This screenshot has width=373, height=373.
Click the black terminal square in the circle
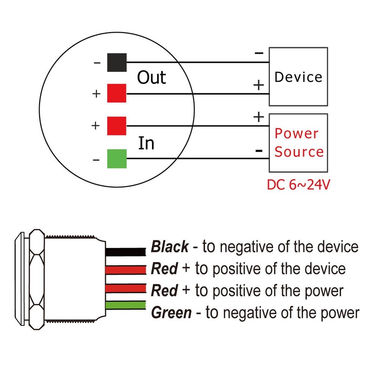tap(117, 62)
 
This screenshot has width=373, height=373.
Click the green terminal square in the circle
tap(117, 159)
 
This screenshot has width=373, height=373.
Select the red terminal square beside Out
tap(117, 93)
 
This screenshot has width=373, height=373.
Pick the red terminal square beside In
tap(117, 125)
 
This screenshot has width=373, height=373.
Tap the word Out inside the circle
tap(151, 77)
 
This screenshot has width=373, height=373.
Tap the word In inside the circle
tap(146, 143)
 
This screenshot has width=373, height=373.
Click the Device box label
tap(298, 77)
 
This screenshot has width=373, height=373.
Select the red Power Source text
tap(298, 143)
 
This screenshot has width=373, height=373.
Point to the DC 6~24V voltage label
tap(298, 185)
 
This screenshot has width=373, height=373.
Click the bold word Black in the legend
tap(170, 247)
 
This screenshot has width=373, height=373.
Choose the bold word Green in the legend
tap(171, 312)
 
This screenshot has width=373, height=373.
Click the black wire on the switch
tap(126, 252)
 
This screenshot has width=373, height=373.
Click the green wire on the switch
tap(126, 306)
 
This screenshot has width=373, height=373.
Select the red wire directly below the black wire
tap(126, 270)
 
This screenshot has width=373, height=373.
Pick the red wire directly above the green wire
tap(126, 289)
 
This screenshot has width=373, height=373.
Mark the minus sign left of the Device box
tap(259, 53)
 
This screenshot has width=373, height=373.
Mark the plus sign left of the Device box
tap(258, 85)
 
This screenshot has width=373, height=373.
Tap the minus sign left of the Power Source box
tap(258, 151)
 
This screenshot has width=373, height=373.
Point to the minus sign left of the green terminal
tap(96, 160)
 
